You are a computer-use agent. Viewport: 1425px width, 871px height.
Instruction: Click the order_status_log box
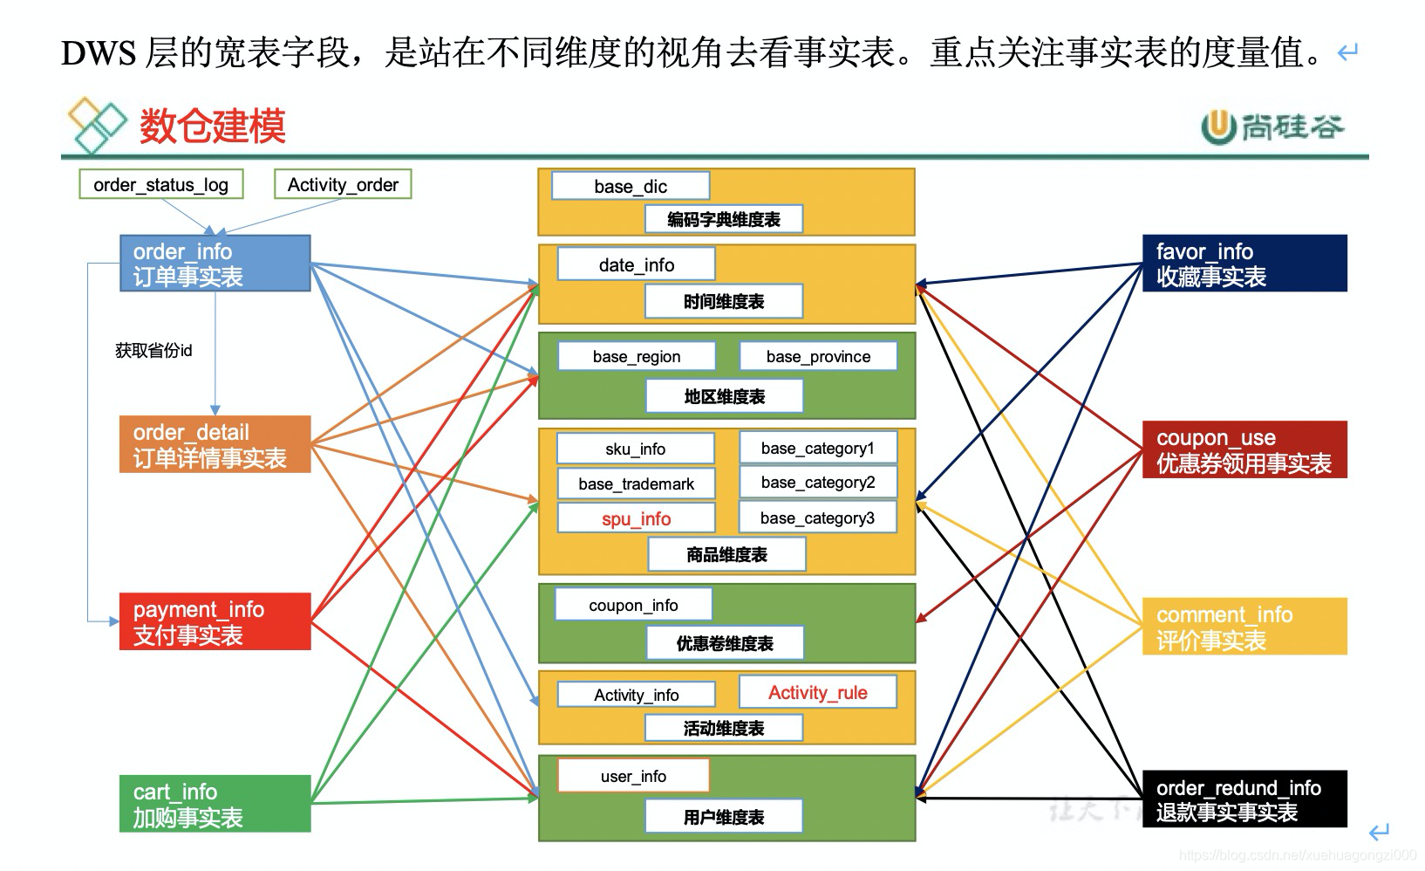coord(160,185)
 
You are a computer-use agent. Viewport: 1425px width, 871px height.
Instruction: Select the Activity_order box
coord(343,185)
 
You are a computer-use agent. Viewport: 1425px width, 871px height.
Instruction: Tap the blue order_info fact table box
coord(215,264)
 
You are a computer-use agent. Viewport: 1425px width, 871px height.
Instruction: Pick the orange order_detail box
coord(215,445)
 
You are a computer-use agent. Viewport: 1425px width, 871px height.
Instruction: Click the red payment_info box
coord(215,621)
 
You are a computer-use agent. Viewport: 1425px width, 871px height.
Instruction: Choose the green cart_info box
coord(215,804)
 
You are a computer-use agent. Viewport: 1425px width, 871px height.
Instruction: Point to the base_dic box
coord(631,186)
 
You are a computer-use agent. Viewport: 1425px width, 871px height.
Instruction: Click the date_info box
coord(636,264)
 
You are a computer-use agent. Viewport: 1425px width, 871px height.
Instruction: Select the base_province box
coord(818,356)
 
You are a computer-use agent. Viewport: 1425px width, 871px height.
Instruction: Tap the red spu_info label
coord(636,518)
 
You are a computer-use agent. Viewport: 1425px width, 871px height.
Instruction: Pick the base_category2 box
coord(817,483)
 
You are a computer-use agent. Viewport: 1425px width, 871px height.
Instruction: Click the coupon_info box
coord(633,605)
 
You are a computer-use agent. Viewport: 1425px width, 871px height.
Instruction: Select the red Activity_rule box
coord(817,693)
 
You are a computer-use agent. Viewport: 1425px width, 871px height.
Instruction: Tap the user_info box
coord(633,776)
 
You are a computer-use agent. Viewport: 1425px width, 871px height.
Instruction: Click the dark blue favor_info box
coord(1244,264)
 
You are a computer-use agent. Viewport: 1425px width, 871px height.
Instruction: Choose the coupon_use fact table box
coord(1244,450)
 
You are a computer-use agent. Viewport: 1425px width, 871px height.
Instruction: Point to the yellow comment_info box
coord(1244,627)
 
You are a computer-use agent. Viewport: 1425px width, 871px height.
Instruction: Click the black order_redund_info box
coord(1244,799)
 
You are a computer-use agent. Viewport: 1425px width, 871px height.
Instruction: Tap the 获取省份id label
coord(153,350)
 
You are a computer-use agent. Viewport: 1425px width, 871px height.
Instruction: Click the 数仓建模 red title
coord(212,127)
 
